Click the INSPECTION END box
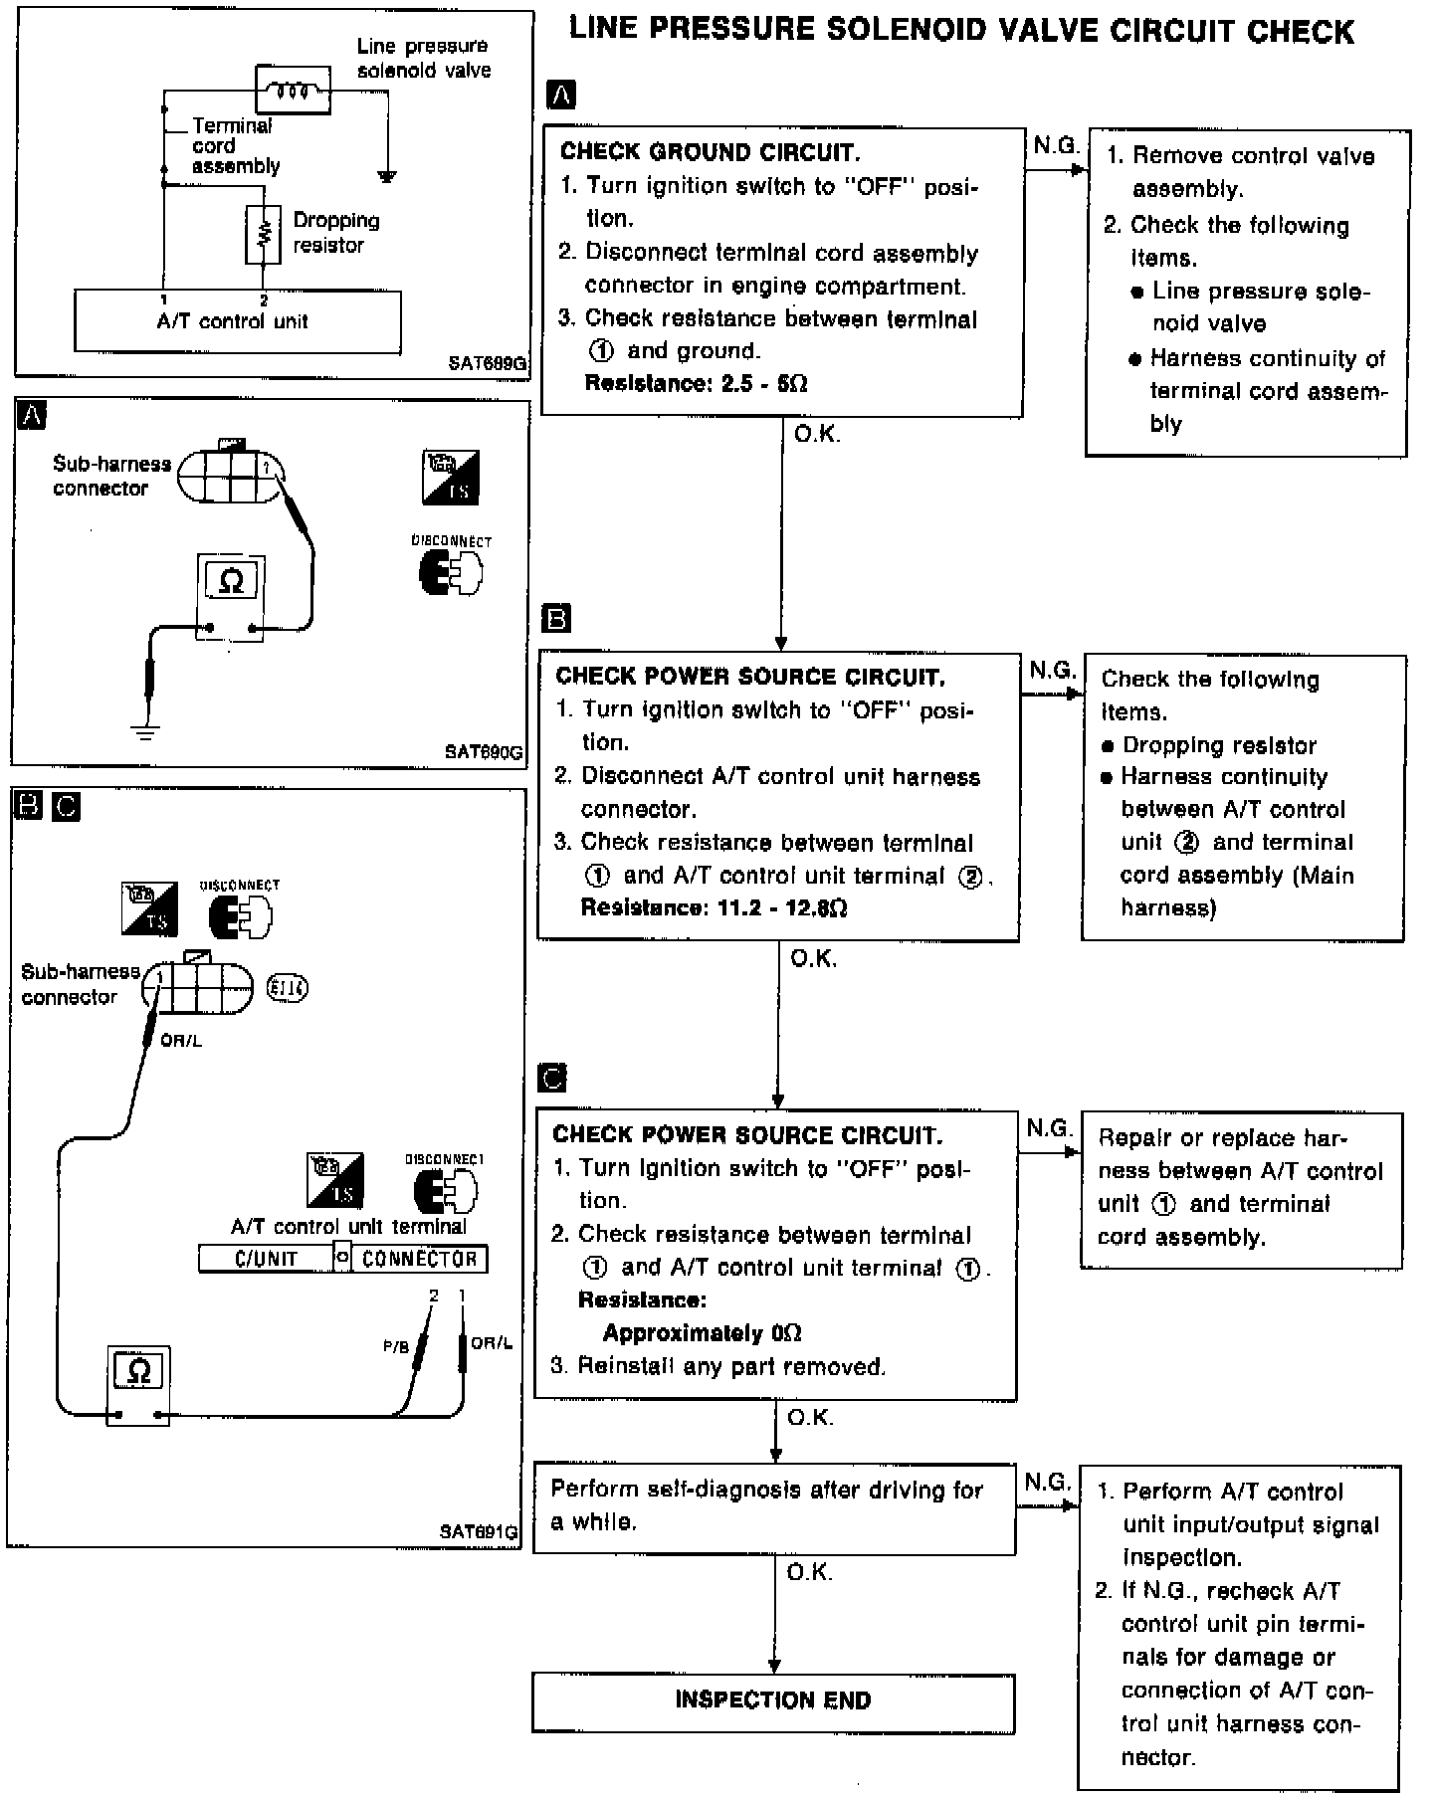[x=773, y=1702]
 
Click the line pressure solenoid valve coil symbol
[x=293, y=91]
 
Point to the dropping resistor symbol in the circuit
[x=264, y=235]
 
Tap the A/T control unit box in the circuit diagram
[x=238, y=321]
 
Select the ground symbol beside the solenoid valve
[x=387, y=177]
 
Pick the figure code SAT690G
[x=483, y=752]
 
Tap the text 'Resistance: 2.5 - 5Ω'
[x=696, y=384]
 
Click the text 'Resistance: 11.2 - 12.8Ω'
[x=714, y=907]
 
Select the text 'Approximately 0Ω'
[x=703, y=1333]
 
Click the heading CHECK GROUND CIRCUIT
[x=710, y=152]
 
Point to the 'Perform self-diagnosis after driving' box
[x=774, y=1507]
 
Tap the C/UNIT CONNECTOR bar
[x=343, y=1259]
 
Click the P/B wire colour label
[x=396, y=1346]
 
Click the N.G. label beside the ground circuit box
[x=1056, y=146]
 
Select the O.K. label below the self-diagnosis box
[x=809, y=1573]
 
